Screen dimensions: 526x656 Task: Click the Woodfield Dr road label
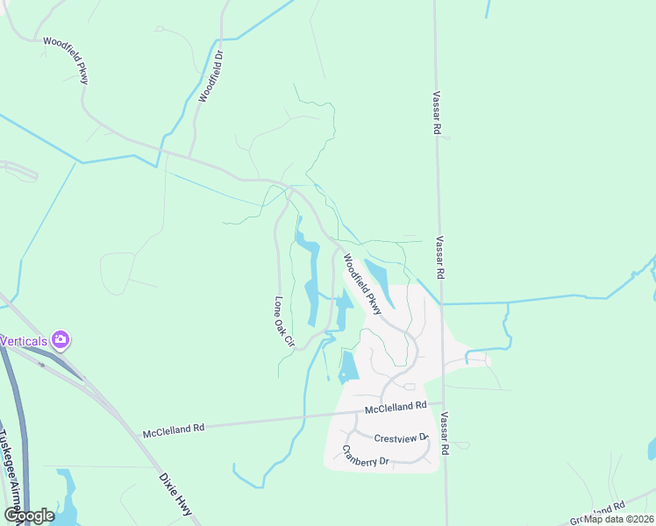[211, 76]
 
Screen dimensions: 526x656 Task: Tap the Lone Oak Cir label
[282, 321]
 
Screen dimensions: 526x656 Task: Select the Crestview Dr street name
[400, 437]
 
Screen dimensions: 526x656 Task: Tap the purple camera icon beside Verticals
[61, 339]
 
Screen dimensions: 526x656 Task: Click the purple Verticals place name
[24, 340]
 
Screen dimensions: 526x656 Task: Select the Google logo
[29, 515]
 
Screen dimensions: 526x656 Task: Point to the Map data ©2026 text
[617, 519]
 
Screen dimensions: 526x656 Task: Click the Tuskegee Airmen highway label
[12, 473]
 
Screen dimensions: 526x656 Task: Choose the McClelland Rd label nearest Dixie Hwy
[174, 429]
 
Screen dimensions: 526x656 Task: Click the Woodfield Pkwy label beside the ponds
[362, 283]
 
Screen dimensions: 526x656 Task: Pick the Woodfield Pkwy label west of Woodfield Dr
[66, 60]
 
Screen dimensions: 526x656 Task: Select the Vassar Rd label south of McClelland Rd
[446, 433]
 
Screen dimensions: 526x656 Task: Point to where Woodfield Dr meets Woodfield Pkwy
[189, 158]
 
